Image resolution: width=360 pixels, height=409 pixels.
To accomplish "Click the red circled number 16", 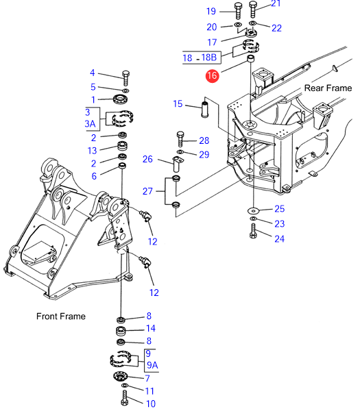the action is [x=212, y=76].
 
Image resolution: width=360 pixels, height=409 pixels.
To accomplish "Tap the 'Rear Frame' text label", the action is [x=328, y=88].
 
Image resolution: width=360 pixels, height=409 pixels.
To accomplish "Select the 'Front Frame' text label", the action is [x=61, y=317].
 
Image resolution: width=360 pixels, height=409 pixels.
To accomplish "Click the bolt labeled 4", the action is [x=125, y=78].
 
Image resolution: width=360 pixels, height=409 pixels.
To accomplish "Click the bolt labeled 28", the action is [x=180, y=140].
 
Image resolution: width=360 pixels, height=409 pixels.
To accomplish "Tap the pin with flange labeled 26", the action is [x=178, y=164].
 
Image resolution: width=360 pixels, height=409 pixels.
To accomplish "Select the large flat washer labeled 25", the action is [x=253, y=210].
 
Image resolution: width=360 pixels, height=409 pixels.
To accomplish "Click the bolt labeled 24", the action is [x=253, y=231].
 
